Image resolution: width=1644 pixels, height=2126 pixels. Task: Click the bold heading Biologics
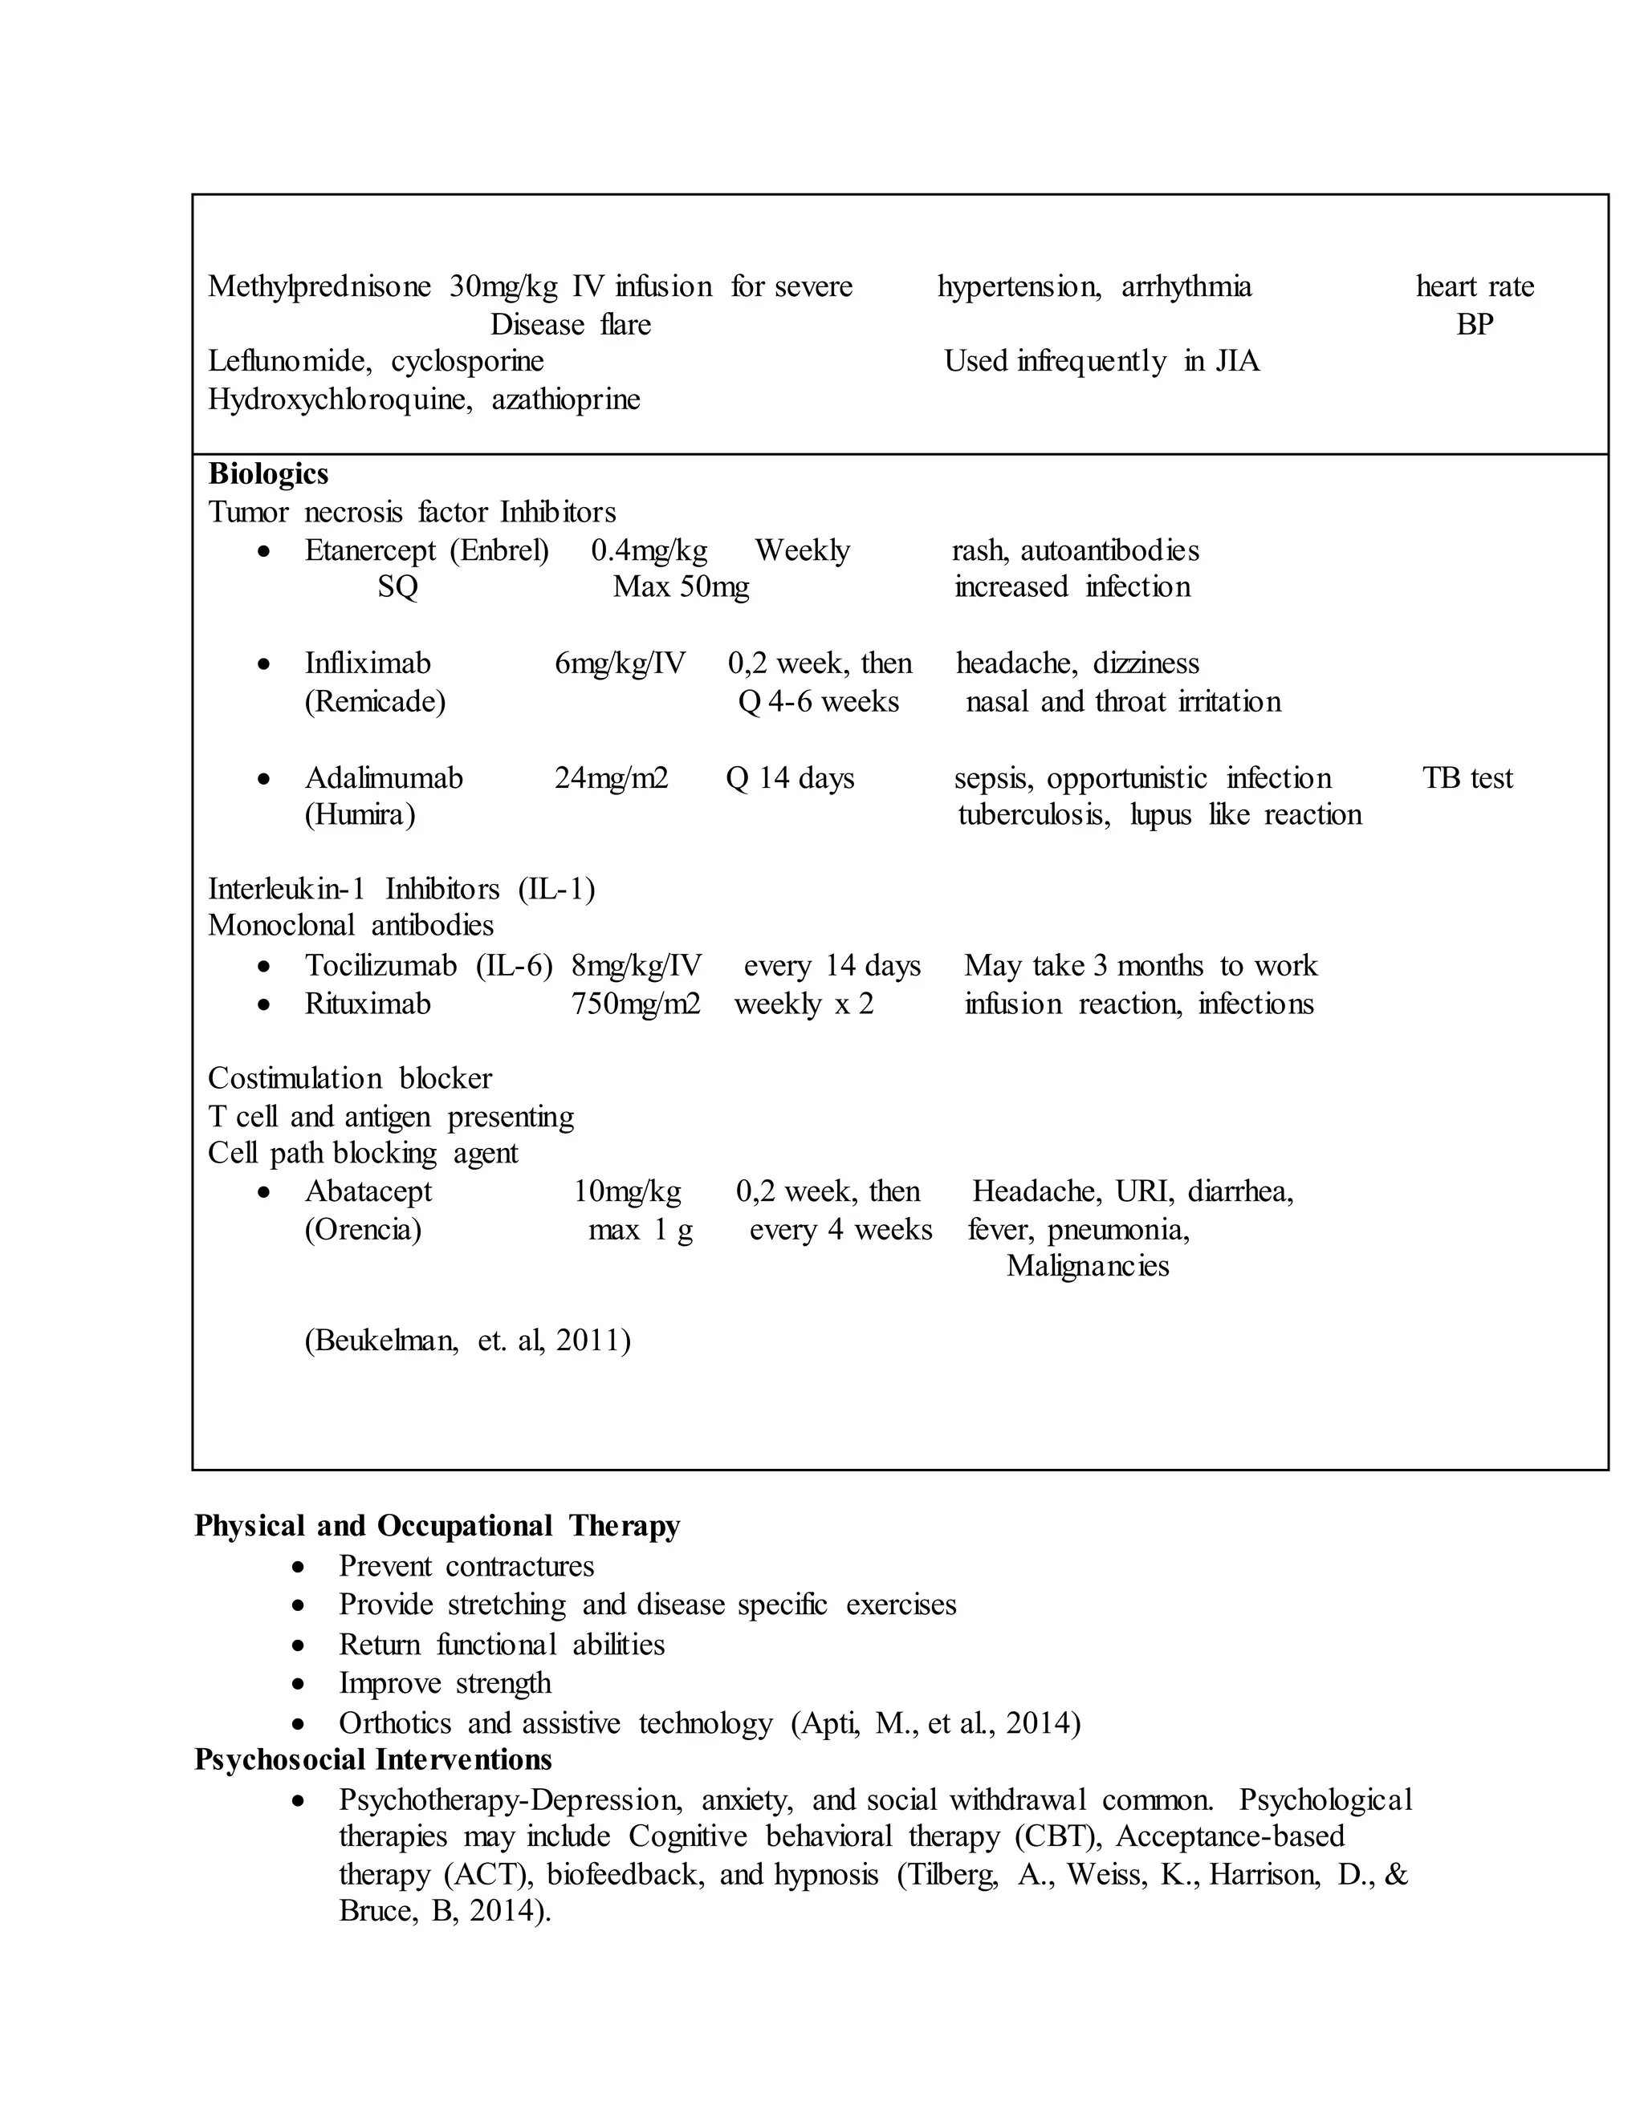pos(268,474)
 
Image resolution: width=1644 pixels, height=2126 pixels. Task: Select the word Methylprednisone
pos(319,286)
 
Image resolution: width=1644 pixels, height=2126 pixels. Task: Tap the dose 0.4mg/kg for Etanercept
pos(649,550)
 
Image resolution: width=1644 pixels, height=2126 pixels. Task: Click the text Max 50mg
pos(681,587)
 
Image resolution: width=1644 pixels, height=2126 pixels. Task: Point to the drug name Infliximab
pos(367,664)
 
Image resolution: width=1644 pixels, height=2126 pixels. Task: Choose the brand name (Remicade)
pos(375,702)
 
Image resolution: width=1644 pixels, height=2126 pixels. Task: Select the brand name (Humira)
pos(360,815)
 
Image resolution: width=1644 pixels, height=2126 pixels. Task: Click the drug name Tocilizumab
pos(380,966)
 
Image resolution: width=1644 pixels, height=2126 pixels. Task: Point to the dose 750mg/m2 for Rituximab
pos(635,1004)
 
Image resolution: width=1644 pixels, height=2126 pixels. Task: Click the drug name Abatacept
pos(368,1191)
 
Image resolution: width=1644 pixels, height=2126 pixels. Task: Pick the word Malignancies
pos(1087,1267)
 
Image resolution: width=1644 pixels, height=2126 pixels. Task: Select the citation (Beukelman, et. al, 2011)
pos(467,1341)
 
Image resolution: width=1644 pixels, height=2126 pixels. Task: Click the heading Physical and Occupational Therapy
pos(437,1525)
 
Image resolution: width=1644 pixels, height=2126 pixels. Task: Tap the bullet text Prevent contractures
pos(466,1566)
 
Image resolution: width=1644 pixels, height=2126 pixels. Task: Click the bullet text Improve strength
pos(444,1683)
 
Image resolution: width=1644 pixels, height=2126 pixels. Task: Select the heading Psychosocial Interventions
pos(373,1760)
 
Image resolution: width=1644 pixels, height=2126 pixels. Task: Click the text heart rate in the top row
pos(1474,286)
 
